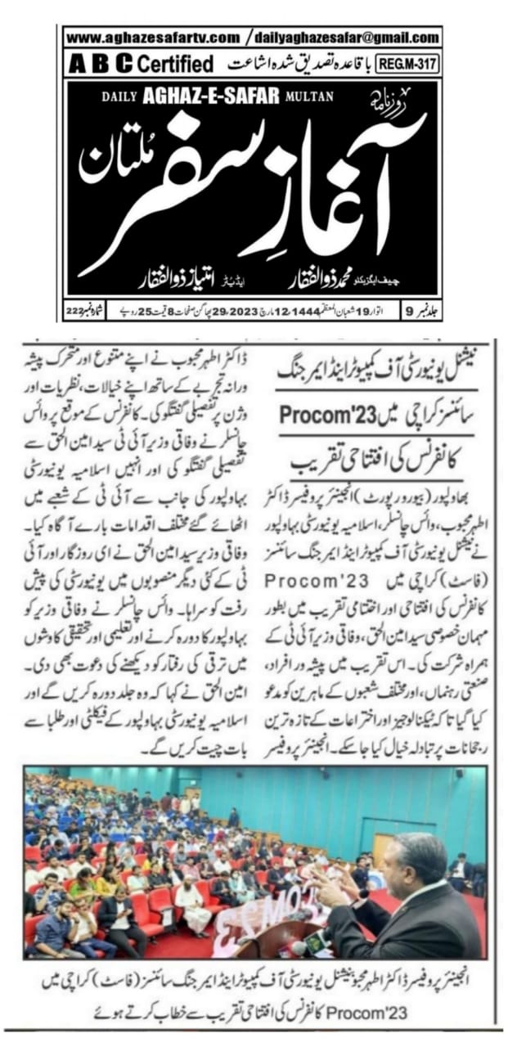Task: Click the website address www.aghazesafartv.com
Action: click(x=153, y=38)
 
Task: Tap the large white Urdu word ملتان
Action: click(x=105, y=164)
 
